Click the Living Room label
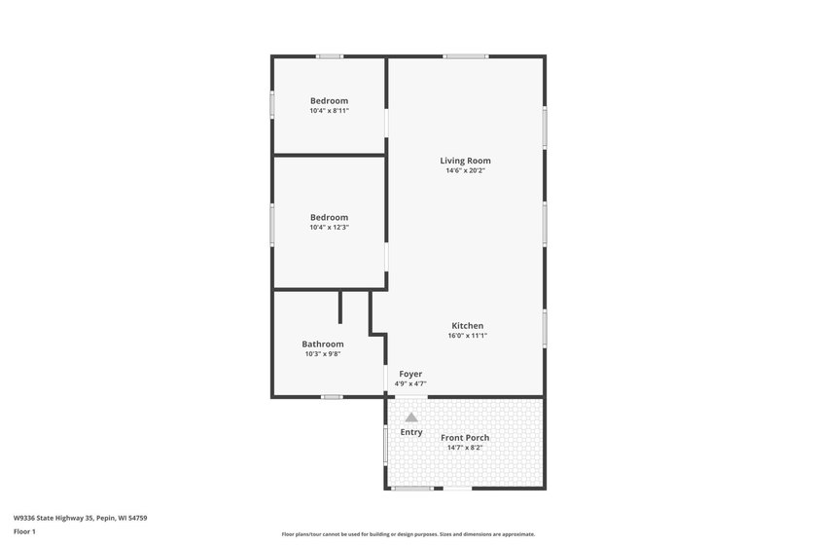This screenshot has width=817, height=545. coord(465,161)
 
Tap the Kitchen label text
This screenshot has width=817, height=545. coord(468,325)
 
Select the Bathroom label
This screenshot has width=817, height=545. coord(323,345)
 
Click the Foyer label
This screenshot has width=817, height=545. coord(410,374)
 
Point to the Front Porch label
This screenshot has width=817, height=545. coord(465,438)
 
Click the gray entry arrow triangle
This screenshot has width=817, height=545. coord(411,418)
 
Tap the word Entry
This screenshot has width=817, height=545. coord(411,432)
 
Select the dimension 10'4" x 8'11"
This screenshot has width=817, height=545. coord(330,111)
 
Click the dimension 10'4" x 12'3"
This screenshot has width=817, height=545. coord(330,228)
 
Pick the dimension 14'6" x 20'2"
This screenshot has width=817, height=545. coord(465,170)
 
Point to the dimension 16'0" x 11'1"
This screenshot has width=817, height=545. coord(468,336)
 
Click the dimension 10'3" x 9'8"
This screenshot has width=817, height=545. coord(323,354)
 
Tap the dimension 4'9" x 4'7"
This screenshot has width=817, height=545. coord(410,383)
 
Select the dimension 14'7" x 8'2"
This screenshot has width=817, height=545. coord(465,448)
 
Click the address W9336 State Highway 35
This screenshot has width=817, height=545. coord(53,518)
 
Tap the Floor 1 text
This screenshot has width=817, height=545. coord(24,532)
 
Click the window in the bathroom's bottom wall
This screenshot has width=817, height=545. coord(332,397)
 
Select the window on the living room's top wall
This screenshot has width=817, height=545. coord(466,56)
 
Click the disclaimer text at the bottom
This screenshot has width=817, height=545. coord(408,534)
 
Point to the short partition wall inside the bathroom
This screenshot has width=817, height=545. coord(340,308)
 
